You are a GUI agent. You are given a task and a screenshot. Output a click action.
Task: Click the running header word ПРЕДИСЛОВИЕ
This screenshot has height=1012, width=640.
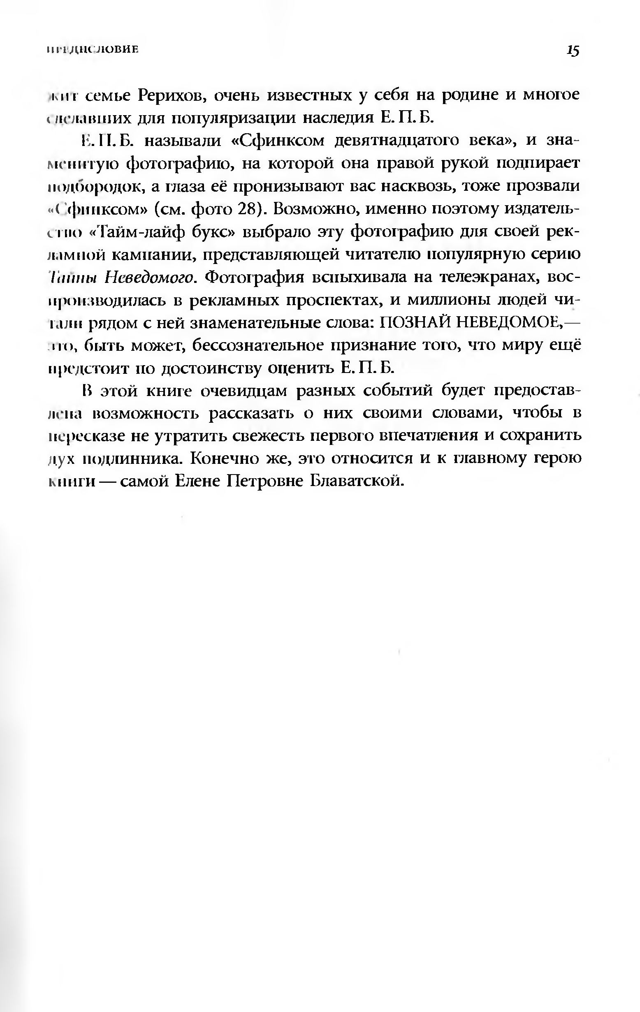(93, 50)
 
